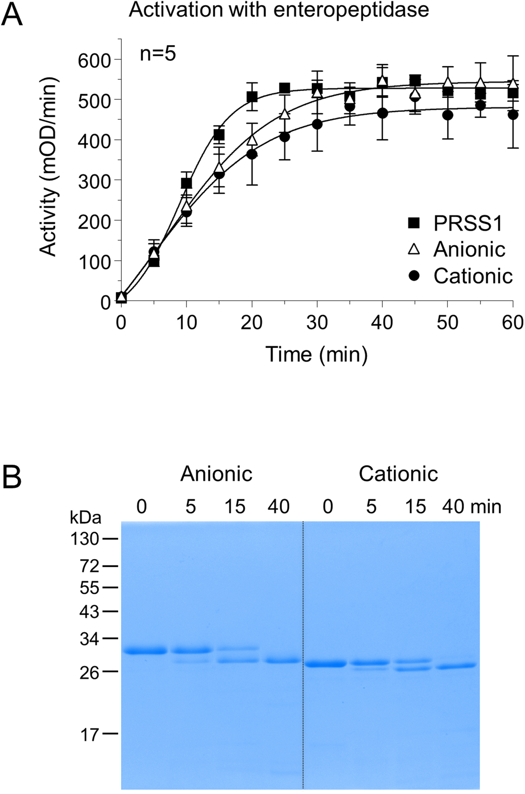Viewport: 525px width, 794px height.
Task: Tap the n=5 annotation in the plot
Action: pyautogui.click(x=157, y=54)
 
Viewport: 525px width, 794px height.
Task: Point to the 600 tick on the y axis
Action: pyautogui.click(x=94, y=60)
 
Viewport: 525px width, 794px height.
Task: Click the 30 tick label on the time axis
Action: pyautogui.click(x=317, y=322)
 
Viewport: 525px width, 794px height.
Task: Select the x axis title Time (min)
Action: pyautogui.click(x=317, y=354)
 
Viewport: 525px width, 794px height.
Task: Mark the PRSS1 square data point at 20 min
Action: pyautogui.click(x=252, y=97)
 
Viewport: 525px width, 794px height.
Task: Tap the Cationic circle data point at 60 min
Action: pyautogui.click(x=512, y=114)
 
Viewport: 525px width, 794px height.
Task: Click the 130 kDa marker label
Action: pyautogui.click(x=85, y=539)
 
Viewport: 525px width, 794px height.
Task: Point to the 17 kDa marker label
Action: pyautogui.click(x=90, y=734)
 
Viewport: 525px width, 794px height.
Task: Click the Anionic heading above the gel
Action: pyautogui.click(x=216, y=475)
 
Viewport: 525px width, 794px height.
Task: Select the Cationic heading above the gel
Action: pyautogui.click(x=398, y=475)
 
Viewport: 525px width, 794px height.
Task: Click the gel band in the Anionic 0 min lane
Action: pyautogui.click(x=144, y=651)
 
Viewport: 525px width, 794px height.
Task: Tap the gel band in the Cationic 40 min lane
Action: pyautogui.click(x=456, y=666)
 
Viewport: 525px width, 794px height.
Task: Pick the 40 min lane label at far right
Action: pyautogui.click(x=471, y=507)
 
